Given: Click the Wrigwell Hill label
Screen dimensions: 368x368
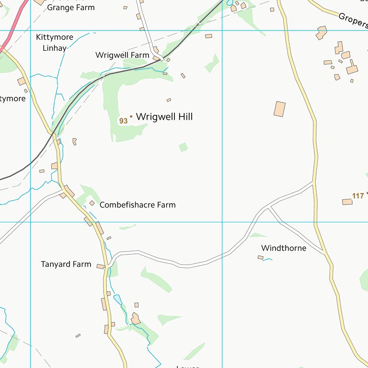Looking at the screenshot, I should [164, 116].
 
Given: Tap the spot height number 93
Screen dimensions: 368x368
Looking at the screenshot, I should [123, 121].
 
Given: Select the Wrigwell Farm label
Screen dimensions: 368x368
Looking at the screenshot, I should [122, 55].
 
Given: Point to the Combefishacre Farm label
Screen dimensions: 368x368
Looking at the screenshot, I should [138, 205].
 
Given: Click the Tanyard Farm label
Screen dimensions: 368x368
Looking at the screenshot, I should [66, 264].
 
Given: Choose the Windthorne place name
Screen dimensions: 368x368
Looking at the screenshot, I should [284, 248].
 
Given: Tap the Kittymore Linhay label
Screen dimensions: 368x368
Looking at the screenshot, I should [51, 42].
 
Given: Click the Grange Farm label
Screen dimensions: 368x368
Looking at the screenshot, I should [70, 7].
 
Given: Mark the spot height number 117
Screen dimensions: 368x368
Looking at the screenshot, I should [358, 195].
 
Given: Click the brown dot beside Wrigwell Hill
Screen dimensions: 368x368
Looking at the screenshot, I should [131, 116].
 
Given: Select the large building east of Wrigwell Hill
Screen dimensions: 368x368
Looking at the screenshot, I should [279, 109].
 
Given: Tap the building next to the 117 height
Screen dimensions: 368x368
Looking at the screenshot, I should [347, 202].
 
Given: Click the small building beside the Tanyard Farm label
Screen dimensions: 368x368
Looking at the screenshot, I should [100, 266].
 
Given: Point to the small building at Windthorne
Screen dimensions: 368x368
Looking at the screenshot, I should [260, 257].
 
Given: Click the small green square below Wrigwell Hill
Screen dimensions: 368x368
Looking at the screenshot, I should [183, 147].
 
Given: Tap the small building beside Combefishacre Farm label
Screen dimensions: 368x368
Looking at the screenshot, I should [92, 203].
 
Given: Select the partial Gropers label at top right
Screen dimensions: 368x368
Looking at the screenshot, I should [353, 21].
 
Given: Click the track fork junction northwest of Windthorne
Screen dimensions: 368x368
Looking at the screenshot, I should [269, 208].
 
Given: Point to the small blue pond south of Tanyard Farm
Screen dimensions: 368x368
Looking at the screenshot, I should [117, 299].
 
